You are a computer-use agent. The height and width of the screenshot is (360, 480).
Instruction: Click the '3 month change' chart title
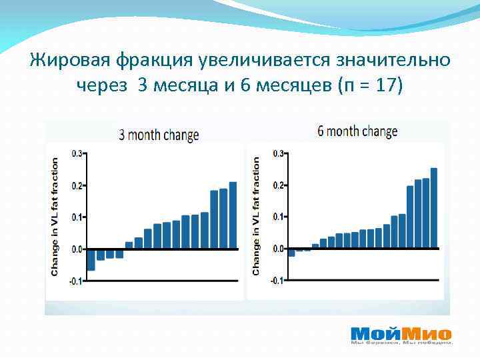[x=159, y=135]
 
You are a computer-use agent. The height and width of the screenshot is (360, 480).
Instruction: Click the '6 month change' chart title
[x=357, y=131]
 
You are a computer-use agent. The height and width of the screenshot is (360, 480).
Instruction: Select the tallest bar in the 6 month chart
[x=433, y=208]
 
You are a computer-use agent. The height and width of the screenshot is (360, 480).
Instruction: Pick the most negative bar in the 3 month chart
[x=91, y=259]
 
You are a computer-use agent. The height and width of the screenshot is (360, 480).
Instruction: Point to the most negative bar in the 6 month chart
[x=291, y=252]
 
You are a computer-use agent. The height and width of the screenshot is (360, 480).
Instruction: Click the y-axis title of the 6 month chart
[x=256, y=217]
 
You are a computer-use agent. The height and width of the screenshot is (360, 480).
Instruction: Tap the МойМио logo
[x=401, y=335]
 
